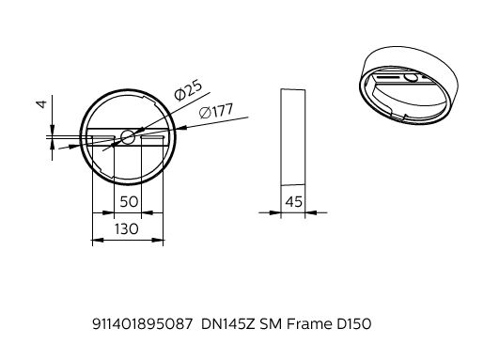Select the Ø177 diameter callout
tap(216, 111)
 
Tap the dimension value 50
tap(129, 202)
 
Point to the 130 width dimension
tap(127, 228)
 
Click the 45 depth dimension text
tap(293, 202)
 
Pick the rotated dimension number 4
tap(42, 104)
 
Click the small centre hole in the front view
tap(128, 137)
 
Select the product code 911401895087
tap(143, 324)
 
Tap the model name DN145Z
tap(228, 324)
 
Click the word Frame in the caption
tap(309, 324)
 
